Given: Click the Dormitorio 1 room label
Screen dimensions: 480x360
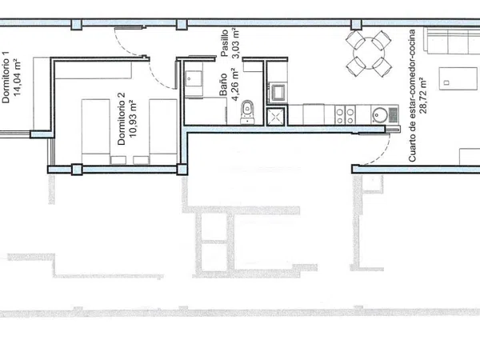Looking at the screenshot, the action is tap(6, 77).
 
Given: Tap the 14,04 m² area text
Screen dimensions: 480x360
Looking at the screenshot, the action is tap(18, 78).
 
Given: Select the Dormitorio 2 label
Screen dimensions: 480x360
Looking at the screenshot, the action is tap(122, 118).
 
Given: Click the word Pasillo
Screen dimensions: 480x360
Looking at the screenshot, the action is tap(224, 43).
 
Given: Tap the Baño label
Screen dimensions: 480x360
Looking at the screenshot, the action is tap(223, 85).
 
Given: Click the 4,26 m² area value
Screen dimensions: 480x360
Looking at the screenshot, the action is tap(235, 85).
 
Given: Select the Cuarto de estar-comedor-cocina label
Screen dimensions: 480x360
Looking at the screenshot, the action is tap(412, 95).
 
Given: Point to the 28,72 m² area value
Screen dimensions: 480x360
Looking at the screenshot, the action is tap(424, 95).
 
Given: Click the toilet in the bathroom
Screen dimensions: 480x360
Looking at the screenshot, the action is tap(247, 112).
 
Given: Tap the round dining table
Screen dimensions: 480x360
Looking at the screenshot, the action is tap(369, 53).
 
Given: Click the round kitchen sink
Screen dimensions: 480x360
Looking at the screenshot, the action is tap(379, 114).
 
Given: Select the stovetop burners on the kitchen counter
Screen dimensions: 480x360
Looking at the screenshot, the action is tap(345, 114).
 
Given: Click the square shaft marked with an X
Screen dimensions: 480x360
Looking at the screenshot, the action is tap(276, 117).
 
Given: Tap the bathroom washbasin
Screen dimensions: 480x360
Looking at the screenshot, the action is tap(194, 80).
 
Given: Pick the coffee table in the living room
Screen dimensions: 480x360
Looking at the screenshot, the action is tap(458, 78).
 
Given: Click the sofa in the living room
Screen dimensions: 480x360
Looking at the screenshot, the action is tap(451, 41).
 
